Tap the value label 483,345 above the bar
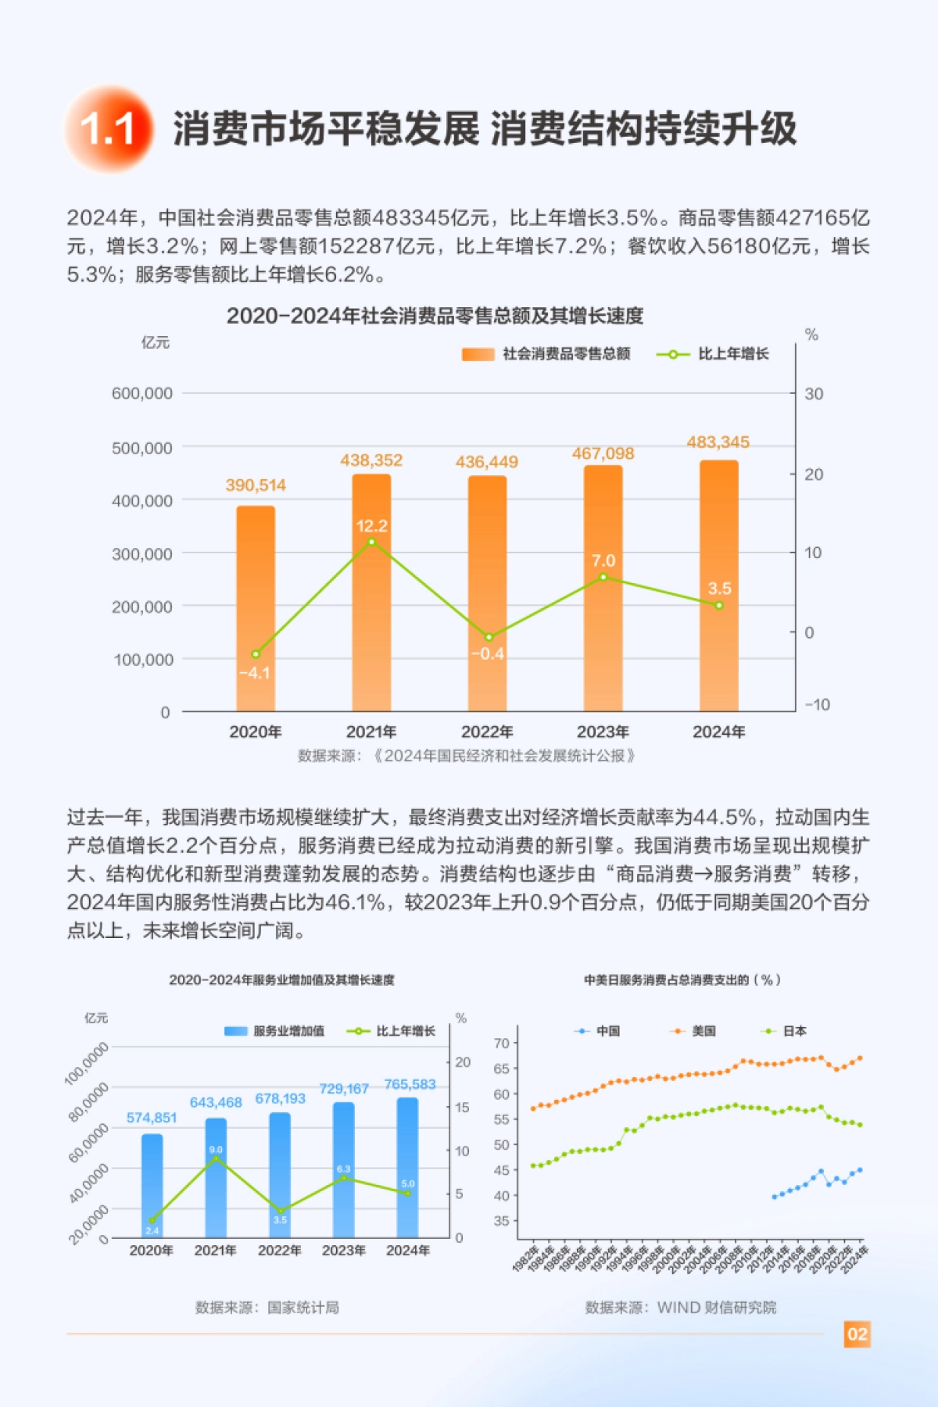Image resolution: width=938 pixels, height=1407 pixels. [718, 442]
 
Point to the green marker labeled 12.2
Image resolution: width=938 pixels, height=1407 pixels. [371, 542]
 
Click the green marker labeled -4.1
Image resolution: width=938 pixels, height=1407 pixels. [256, 654]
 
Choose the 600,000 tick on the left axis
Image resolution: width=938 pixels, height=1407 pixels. [142, 393]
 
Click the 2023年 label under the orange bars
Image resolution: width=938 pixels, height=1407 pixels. [603, 732]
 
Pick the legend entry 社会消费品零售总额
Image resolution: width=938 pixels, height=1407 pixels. [547, 354]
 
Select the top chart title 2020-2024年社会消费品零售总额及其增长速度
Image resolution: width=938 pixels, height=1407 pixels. [435, 316]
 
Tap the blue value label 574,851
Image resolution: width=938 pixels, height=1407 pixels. [152, 1118]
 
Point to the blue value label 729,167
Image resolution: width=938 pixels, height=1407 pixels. [344, 1089]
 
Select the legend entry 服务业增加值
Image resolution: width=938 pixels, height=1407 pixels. [274, 1031]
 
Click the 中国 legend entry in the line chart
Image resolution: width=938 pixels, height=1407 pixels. [598, 1031]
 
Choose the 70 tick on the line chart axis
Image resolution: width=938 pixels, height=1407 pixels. [501, 1044]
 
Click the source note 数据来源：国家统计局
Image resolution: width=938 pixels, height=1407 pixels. [267, 1308]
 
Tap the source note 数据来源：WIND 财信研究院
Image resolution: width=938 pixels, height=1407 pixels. [681, 1308]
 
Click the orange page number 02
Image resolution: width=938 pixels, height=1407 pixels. [857, 1334]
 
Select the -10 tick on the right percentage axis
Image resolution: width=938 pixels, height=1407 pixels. [817, 704]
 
